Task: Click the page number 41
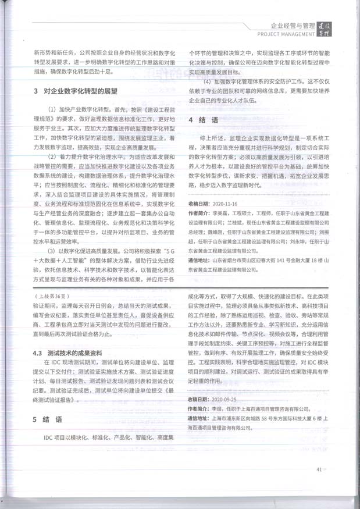click(319, 469)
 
